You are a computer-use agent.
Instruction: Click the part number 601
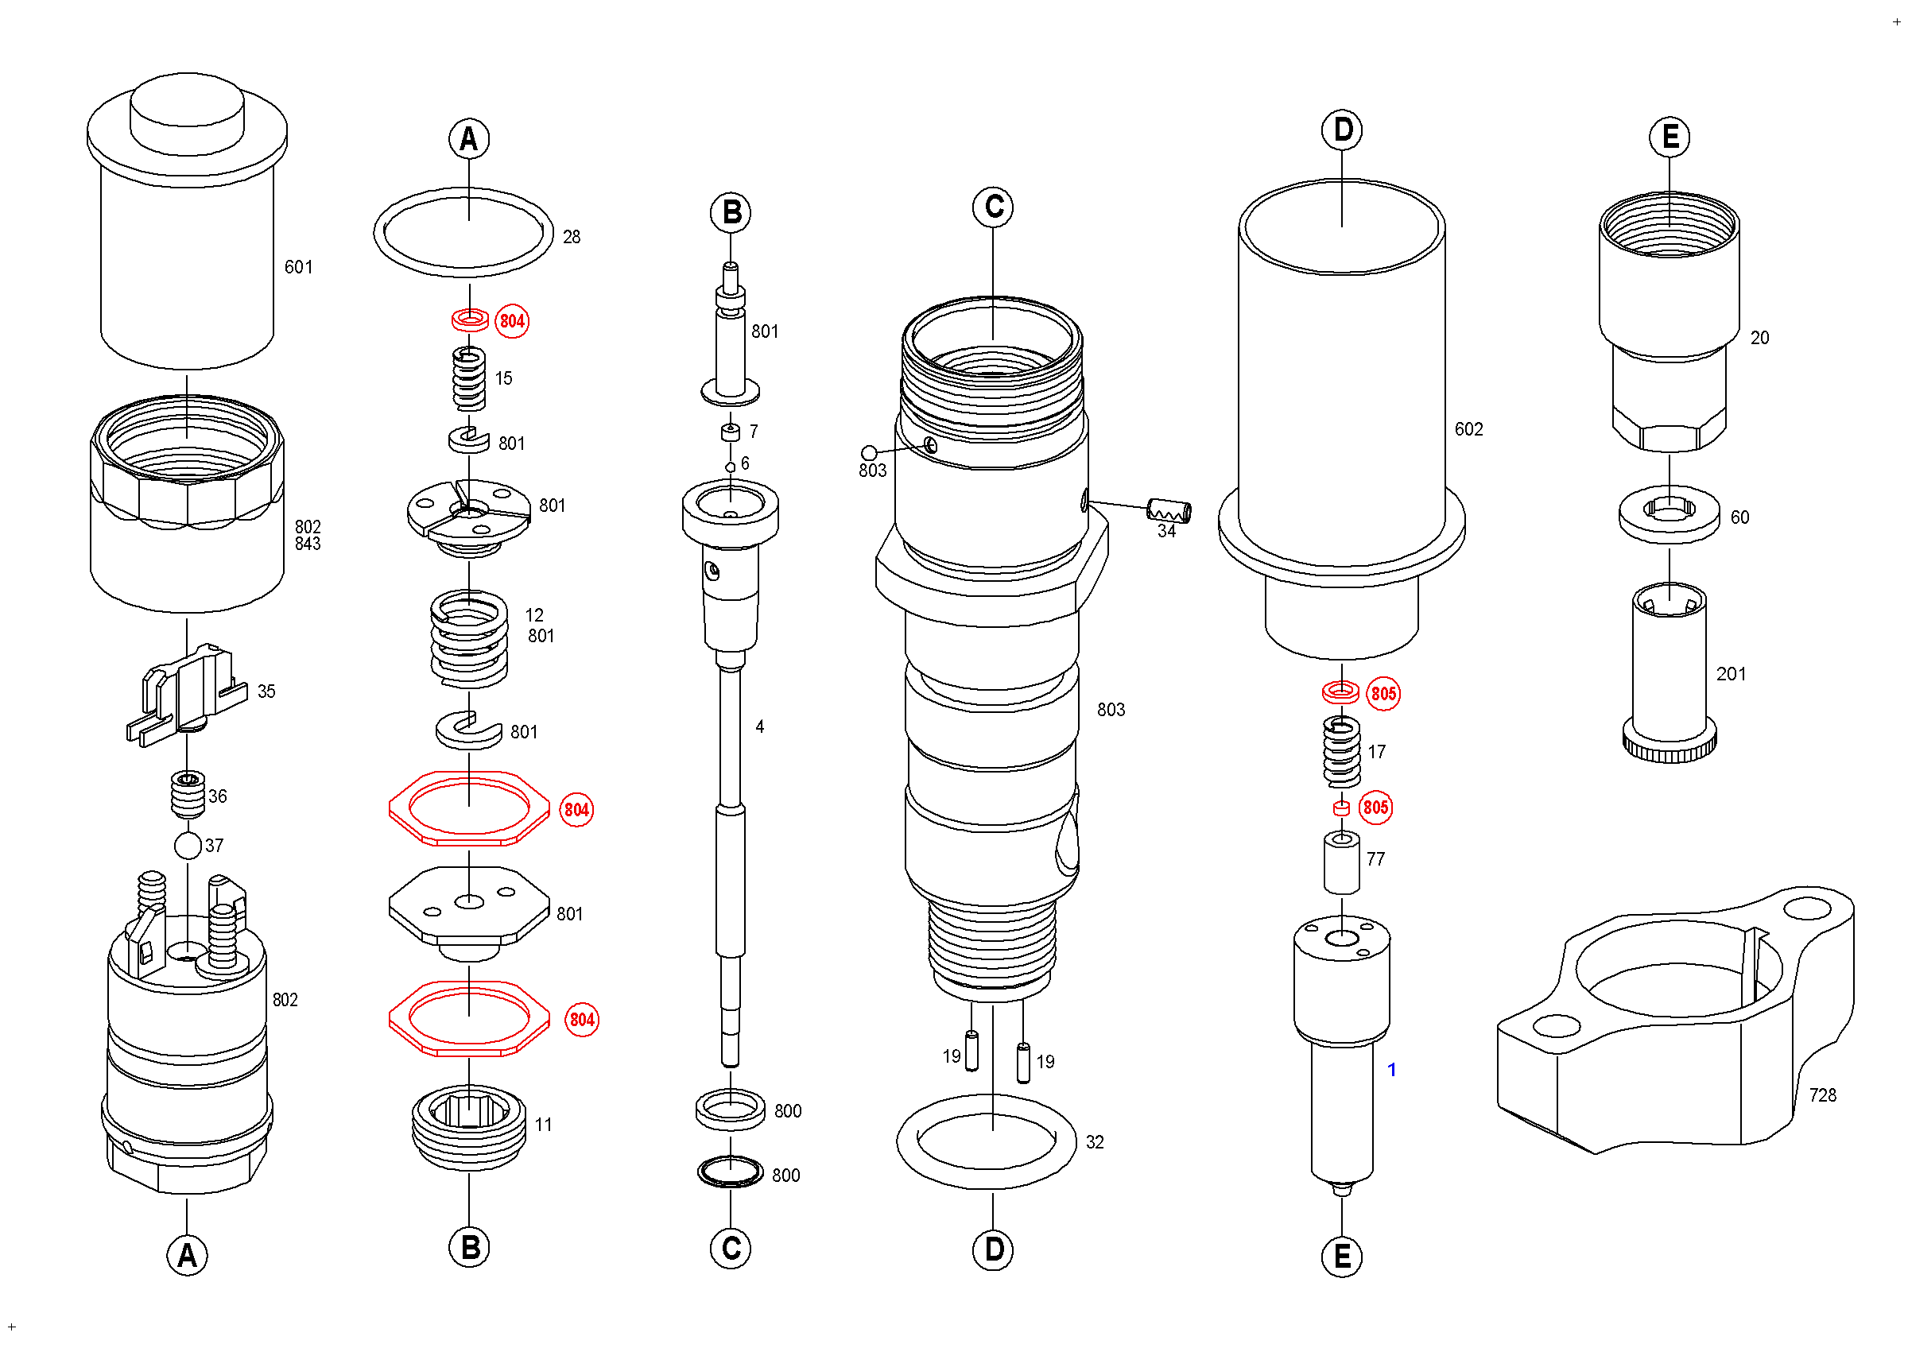pyautogui.click(x=298, y=267)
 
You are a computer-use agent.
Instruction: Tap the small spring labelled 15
pyautogui.click(x=469, y=379)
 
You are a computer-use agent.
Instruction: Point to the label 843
pyautogui.click(x=308, y=544)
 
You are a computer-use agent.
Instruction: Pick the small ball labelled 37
pyautogui.click(x=188, y=846)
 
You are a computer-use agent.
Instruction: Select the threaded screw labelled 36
pyautogui.click(x=188, y=794)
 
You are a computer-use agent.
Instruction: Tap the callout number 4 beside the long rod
pyautogui.click(x=759, y=727)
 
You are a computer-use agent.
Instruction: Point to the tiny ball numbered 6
pyautogui.click(x=731, y=467)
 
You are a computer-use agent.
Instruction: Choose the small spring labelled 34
pyautogui.click(x=1169, y=512)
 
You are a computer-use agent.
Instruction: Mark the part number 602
pyautogui.click(x=1468, y=429)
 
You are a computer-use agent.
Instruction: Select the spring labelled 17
pyautogui.click(x=1341, y=752)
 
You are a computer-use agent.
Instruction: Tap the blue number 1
pyautogui.click(x=1392, y=1070)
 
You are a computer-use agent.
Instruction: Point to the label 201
pyautogui.click(x=1731, y=675)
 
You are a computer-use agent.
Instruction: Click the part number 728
pyautogui.click(x=1822, y=1095)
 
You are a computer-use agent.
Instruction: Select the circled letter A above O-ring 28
pyautogui.click(x=469, y=139)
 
